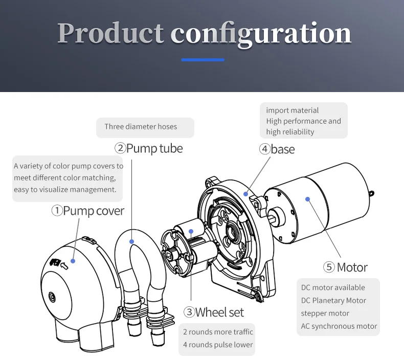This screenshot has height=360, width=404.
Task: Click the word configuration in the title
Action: coord(261,34)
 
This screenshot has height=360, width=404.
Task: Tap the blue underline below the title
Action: coord(203,60)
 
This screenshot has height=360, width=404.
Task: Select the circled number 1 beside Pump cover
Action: coord(57,210)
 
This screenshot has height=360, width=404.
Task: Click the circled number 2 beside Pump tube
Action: coord(120,148)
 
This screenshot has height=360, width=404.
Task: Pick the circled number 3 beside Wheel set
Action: coord(189,312)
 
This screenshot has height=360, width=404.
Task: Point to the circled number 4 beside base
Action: coord(264,149)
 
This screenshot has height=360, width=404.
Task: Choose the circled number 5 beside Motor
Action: coord(329,267)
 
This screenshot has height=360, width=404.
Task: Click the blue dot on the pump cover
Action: coord(73,261)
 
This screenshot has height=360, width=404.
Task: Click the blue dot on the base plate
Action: coord(246,193)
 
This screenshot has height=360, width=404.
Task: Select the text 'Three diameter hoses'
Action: coord(141,127)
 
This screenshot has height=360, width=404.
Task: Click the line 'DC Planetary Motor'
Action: coord(333,300)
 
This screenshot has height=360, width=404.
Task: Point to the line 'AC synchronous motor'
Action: coord(339,326)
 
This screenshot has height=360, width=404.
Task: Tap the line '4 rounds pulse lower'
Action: coord(218,344)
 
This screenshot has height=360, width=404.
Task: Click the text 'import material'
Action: coord(292,110)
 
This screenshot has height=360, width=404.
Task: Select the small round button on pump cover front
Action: coord(52,296)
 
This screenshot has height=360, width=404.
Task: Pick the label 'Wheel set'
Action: coord(220,312)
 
